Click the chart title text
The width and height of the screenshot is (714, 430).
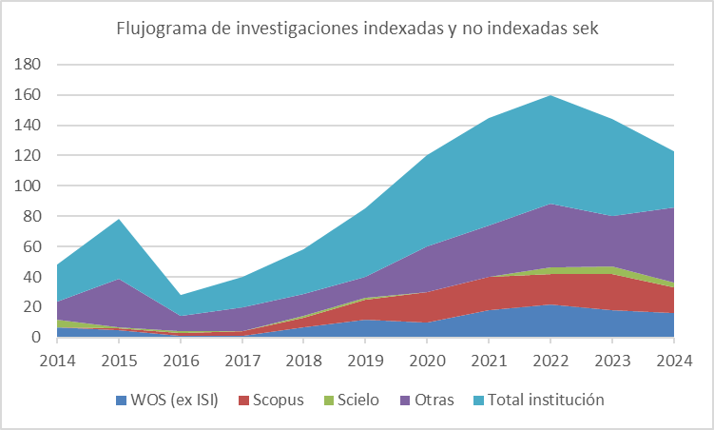357,28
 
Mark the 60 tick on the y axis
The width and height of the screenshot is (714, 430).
30,247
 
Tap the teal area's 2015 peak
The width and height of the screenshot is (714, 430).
119,220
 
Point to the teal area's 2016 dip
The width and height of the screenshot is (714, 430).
180,295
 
